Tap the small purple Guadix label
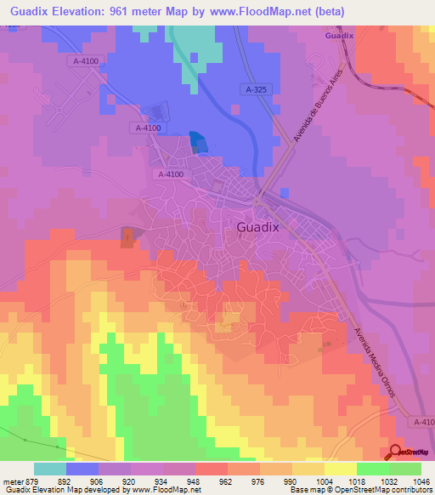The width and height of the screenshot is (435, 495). (337, 36)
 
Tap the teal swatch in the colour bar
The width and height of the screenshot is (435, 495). (50, 468)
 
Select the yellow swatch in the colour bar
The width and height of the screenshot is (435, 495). (340, 468)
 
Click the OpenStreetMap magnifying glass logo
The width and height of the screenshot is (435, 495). (396, 451)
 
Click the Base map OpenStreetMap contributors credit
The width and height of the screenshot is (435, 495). (360, 490)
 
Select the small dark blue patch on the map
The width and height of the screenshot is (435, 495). (196, 141)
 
